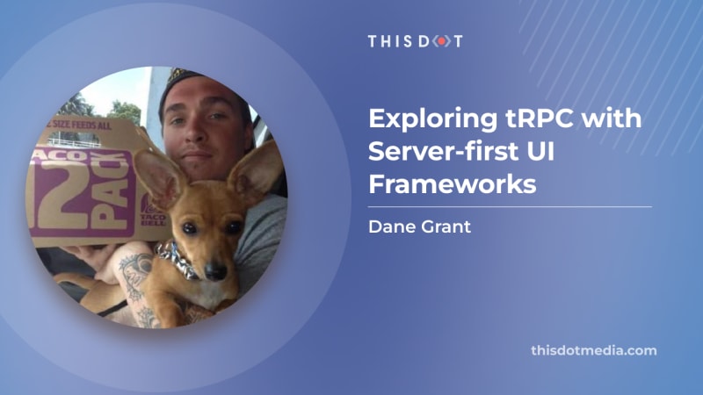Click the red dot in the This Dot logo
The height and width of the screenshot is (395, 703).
coord(442,41)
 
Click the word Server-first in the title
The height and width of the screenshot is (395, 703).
coord(444,151)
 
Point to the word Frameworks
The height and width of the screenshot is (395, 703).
coord(453,184)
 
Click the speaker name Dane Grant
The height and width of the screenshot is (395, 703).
coord(420,226)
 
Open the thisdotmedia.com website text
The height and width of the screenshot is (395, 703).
coord(594,350)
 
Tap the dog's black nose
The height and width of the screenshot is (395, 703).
coord(214,269)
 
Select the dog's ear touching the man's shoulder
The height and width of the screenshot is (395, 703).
coord(256,171)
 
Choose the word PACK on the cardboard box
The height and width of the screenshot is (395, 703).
coord(112,192)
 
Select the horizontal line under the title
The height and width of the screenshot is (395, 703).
coord(511,207)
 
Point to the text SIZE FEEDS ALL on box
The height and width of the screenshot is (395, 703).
coord(82,125)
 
